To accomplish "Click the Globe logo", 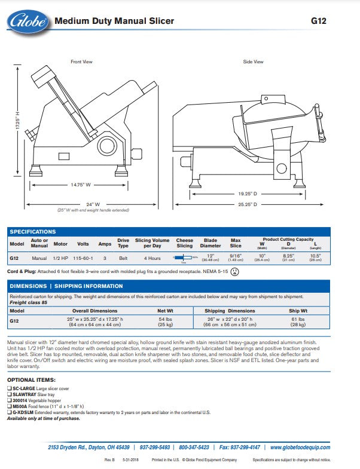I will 27,22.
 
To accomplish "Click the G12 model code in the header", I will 319,21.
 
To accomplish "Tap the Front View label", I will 81,62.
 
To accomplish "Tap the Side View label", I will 253,62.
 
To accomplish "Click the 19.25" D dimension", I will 247,194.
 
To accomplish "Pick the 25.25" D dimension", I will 247,205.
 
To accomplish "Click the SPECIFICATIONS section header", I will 33,232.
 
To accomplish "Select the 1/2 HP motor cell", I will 60,258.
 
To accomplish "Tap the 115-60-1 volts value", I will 83,258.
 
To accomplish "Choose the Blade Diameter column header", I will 210,243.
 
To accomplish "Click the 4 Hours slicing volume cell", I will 152,258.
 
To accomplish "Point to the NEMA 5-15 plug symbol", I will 234,272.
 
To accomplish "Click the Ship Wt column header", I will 298,311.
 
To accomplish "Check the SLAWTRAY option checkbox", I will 9,394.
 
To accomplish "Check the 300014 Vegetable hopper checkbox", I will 9,400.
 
